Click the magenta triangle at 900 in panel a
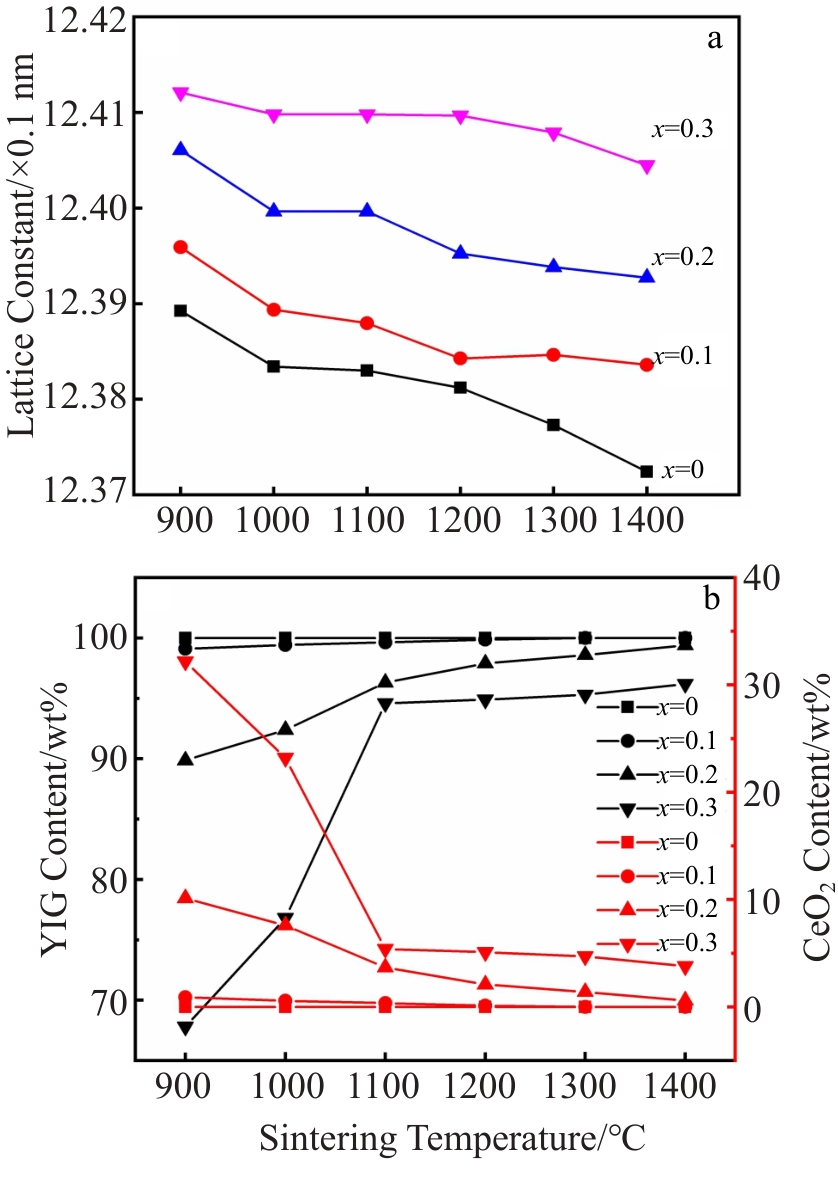click(x=181, y=93)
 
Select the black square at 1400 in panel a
click(x=646, y=471)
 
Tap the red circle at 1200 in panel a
click(x=460, y=358)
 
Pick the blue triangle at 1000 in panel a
click(x=274, y=210)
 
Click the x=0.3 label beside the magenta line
click(x=676, y=129)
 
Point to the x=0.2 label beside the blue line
click(x=684, y=257)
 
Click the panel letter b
click(x=712, y=600)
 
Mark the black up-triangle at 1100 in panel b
click(x=385, y=682)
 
